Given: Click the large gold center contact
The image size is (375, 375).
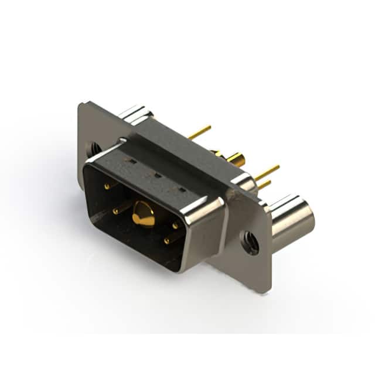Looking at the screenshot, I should [143, 214].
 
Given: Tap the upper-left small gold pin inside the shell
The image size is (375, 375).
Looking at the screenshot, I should [107, 186].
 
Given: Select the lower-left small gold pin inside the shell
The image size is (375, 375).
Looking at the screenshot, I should [115, 210].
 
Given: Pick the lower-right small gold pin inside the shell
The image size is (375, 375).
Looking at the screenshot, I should [166, 240].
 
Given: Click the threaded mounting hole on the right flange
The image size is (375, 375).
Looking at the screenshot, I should [251, 242].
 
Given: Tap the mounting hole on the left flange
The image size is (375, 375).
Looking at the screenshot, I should [92, 149].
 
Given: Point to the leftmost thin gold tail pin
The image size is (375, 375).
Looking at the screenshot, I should [200, 132].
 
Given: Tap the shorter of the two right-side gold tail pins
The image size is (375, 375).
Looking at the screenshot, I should [265, 185].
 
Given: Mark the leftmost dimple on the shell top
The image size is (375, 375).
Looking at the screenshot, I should [134, 161].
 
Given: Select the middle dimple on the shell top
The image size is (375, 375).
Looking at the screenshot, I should [157, 175].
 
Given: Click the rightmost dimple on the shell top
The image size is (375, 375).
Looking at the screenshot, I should [182, 189].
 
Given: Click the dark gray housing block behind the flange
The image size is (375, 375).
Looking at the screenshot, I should [176, 146].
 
